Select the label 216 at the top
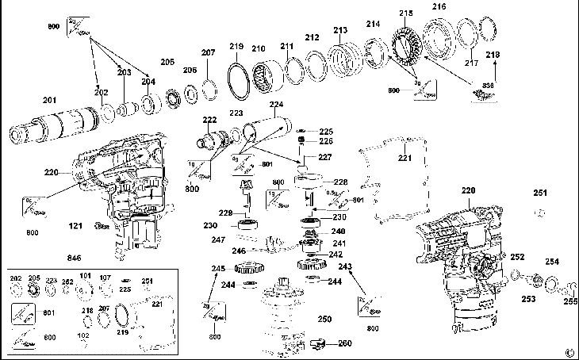pyautogui.click(x=439, y=7)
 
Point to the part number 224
pyautogui.click(x=276, y=104)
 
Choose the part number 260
pyautogui.click(x=345, y=343)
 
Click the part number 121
pyautogui.click(x=75, y=227)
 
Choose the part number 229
pyautogui.click(x=225, y=213)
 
